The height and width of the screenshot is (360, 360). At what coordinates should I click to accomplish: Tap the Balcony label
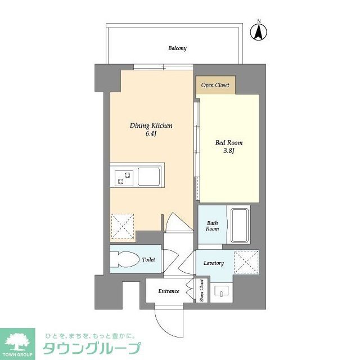tap(177, 48)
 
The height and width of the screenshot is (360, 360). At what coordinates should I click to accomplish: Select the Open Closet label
tap(216, 85)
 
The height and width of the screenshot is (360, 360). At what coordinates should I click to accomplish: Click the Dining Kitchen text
tap(151, 125)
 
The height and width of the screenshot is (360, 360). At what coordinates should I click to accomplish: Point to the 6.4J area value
tap(151, 134)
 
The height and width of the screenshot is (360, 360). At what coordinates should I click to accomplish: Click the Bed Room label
tap(229, 142)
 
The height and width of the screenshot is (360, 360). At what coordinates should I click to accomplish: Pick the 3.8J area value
tap(229, 151)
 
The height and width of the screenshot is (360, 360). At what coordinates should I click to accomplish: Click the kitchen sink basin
tap(150, 178)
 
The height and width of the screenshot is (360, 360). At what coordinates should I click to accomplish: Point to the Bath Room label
tap(212, 225)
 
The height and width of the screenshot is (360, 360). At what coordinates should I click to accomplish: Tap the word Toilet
tap(148, 260)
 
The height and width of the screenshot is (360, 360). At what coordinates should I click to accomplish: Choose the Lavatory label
tap(214, 263)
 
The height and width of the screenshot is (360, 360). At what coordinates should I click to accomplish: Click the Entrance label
tap(169, 291)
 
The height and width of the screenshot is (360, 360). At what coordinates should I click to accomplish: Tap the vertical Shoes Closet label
tap(201, 291)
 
